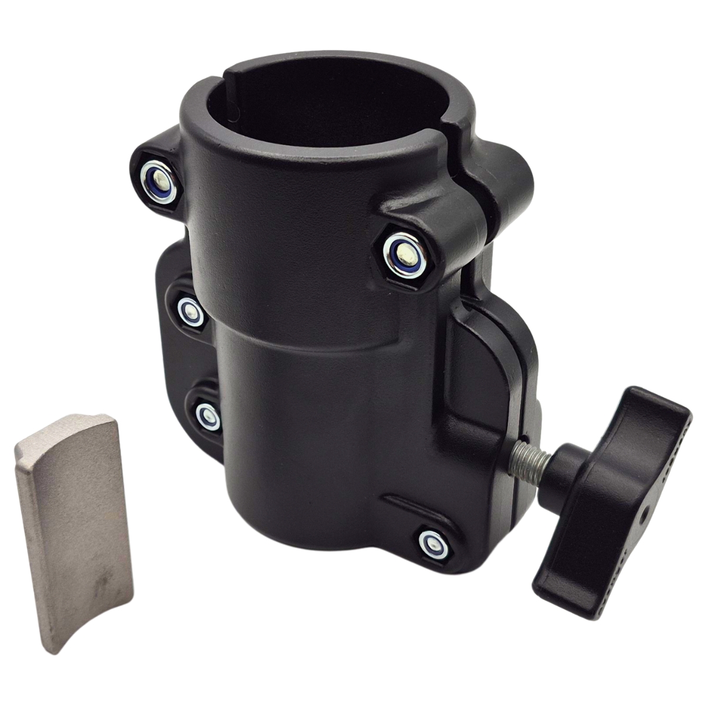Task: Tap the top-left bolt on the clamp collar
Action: (x=157, y=176)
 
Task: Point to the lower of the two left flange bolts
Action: (x=205, y=414)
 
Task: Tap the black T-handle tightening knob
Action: (x=611, y=470)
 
